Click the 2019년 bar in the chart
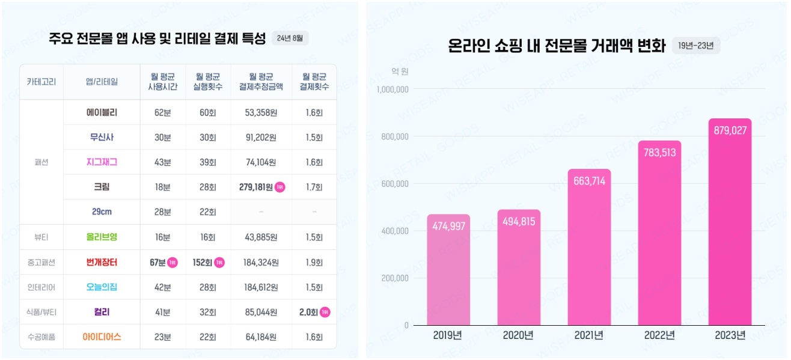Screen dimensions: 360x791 [x=448, y=270]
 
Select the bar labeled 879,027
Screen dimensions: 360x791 [x=730, y=222]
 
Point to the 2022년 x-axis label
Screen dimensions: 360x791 [x=659, y=335]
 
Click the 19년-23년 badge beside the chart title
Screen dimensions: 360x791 [x=695, y=46]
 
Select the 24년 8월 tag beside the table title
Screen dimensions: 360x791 [x=290, y=38]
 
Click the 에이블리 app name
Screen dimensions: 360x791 [x=102, y=112]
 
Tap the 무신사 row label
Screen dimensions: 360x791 [x=102, y=137]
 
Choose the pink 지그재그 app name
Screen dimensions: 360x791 [x=102, y=162]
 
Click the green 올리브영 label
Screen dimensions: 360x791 [x=102, y=237]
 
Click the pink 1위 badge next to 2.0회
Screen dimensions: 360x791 [x=325, y=312]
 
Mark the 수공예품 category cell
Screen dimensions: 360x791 [x=41, y=337]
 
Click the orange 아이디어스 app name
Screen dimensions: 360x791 [x=102, y=337]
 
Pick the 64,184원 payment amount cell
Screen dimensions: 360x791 [x=261, y=337]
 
